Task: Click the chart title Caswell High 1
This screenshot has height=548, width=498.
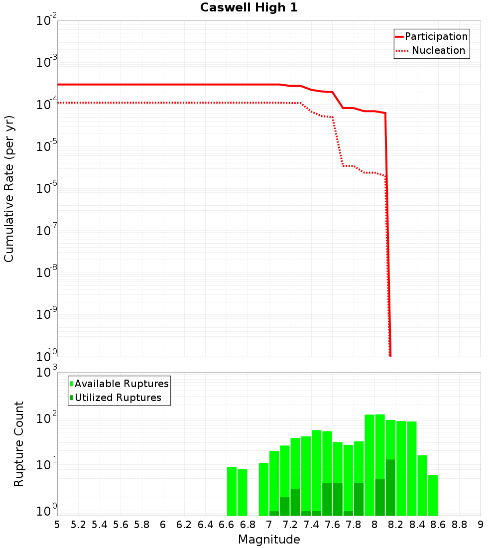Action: [249, 8]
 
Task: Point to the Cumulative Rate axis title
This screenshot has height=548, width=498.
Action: [9, 189]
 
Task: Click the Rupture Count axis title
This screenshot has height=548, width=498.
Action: [19, 444]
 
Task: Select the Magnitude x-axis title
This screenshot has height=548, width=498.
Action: [269, 540]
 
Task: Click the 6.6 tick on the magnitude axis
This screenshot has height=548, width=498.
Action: [227, 525]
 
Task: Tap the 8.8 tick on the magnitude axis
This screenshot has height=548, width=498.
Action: [460, 525]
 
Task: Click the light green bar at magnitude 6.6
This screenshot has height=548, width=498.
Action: [232, 491]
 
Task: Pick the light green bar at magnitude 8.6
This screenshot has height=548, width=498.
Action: [433, 495]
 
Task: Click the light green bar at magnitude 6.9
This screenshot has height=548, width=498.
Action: [263, 489]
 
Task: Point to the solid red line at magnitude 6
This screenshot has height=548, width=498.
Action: [163, 85]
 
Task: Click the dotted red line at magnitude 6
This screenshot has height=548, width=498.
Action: [163, 103]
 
